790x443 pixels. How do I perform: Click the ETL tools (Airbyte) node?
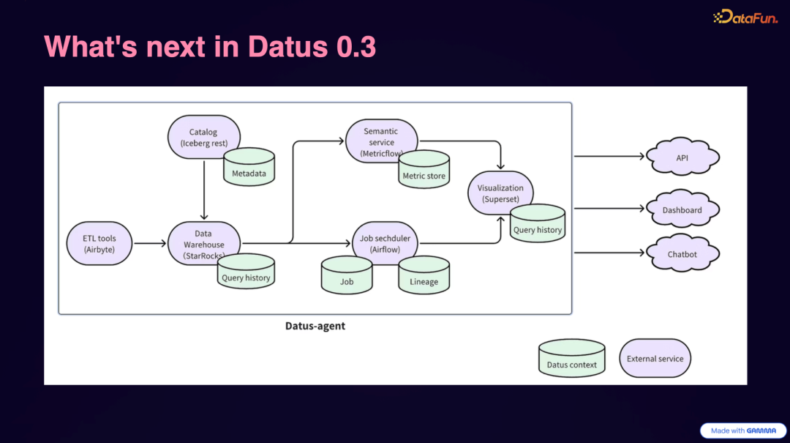pos(99,244)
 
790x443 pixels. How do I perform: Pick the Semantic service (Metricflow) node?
pos(380,140)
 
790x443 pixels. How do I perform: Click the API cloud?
pos(682,157)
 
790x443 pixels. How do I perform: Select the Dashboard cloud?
pos(682,210)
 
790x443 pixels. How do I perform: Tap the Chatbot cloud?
pos(682,254)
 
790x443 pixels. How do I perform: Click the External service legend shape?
pos(655,359)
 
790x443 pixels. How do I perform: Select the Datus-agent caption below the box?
pos(315,326)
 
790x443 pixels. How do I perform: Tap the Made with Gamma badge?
pos(742,431)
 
